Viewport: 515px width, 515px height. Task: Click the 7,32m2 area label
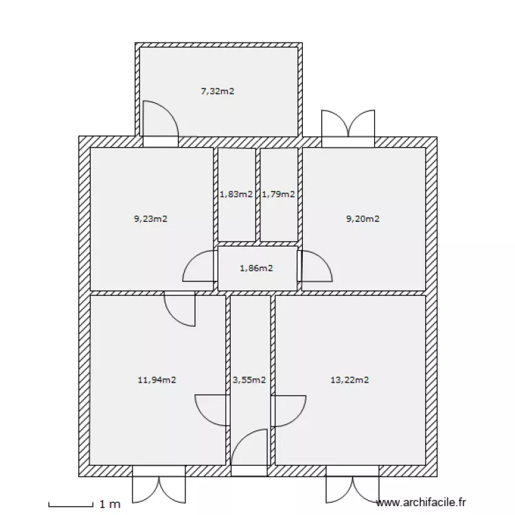(218, 91)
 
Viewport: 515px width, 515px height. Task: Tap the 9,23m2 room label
(151, 218)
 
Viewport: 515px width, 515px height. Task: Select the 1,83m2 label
(236, 194)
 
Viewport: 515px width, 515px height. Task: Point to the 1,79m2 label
(279, 194)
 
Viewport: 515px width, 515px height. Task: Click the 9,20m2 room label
(363, 218)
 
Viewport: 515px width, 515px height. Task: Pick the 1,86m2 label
(257, 268)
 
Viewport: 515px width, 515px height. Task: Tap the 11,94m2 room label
(157, 380)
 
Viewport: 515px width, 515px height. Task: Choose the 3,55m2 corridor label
(249, 380)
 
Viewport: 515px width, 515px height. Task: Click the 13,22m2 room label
(350, 380)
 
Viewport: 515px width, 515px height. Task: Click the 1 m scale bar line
(71, 506)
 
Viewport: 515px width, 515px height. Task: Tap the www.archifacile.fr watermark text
(421, 503)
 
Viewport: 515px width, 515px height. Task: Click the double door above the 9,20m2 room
(348, 123)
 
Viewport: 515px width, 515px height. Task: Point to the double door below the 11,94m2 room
(159, 490)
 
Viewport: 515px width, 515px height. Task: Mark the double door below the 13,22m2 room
(352, 490)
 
